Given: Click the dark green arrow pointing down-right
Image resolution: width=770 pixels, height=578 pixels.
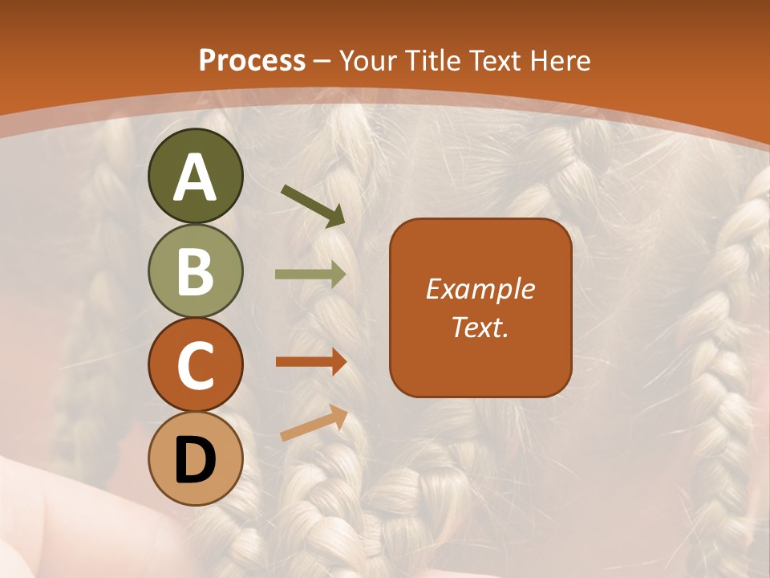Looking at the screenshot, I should [x=314, y=206].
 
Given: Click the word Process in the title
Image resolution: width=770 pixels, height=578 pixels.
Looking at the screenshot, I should [x=252, y=61].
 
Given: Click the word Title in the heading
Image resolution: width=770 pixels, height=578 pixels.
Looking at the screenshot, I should [x=434, y=61].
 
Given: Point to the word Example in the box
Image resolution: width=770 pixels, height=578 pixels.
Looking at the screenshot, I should [x=480, y=289].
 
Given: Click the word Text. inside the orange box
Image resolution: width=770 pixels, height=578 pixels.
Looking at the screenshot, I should [x=480, y=327].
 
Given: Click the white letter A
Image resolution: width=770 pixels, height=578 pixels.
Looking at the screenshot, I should [x=195, y=177].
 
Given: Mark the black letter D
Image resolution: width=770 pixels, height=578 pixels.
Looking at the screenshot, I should [x=195, y=460].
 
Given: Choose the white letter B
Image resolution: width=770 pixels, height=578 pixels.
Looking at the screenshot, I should [x=195, y=271].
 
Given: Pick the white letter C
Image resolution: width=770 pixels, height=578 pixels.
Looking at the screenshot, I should [x=195, y=365].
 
